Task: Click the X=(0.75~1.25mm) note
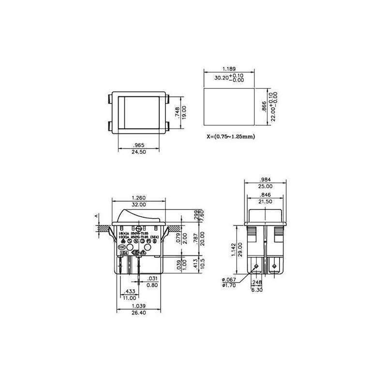pos(230,136)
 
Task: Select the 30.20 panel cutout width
pos(221,78)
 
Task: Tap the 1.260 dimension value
pos(139,197)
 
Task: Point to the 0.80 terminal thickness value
pos(152,285)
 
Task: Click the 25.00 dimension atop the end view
pos(266,186)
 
